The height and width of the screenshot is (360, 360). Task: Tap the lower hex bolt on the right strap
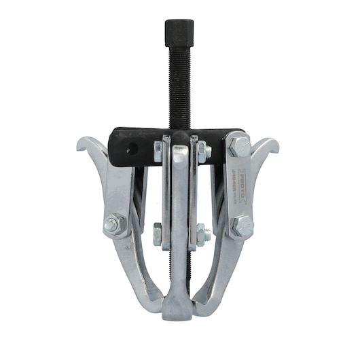point(241,226)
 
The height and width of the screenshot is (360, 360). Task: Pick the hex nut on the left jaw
point(114,224)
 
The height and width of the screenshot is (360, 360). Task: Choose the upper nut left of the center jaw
point(158,151)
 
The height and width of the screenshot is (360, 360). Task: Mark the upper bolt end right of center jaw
point(203,151)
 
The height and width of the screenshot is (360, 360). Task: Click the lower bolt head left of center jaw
point(158,234)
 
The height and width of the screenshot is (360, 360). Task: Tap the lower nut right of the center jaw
point(202,235)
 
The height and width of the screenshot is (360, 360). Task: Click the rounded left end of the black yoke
point(113,146)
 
